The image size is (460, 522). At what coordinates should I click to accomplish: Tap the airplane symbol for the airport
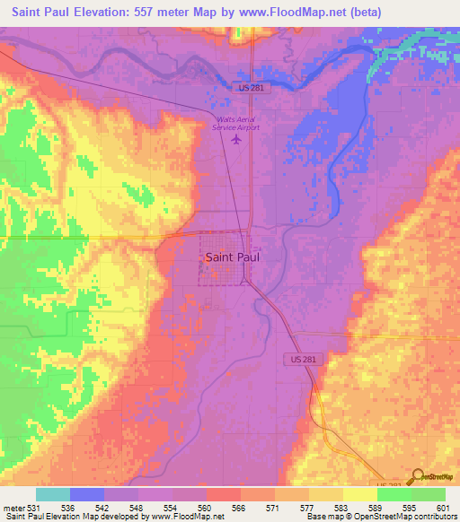(x=236, y=140)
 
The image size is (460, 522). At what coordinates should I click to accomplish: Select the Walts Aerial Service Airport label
(x=235, y=123)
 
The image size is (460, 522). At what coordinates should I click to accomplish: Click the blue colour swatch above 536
(x=87, y=494)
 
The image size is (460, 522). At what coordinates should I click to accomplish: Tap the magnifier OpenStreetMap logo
(x=417, y=476)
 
